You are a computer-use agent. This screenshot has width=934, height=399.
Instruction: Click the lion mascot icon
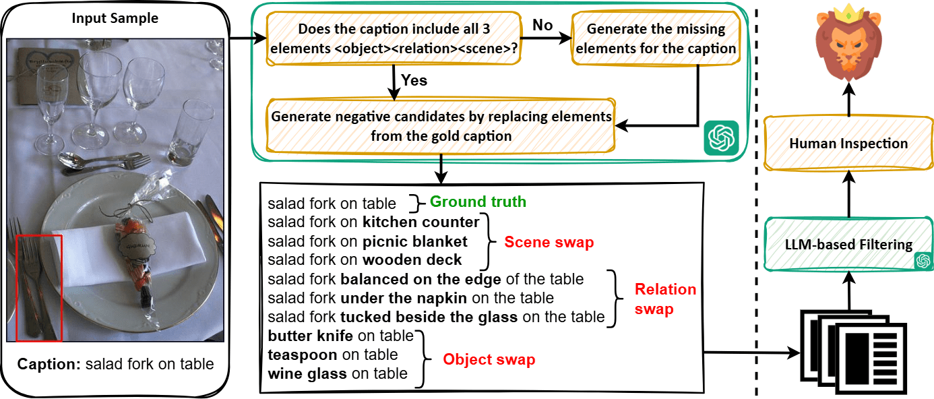(x=848, y=44)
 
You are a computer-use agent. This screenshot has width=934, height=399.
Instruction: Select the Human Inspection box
(x=848, y=143)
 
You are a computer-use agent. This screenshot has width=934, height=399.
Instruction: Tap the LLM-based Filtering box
(x=848, y=245)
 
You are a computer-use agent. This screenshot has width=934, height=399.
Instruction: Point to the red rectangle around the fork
(x=39, y=287)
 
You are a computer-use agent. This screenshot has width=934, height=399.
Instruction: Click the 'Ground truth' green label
(x=478, y=202)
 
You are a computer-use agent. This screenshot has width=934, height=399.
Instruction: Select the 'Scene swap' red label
(x=549, y=242)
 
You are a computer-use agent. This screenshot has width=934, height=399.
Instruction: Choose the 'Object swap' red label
(x=489, y=359)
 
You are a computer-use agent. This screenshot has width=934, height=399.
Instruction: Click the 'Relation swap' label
(x=665, y=299)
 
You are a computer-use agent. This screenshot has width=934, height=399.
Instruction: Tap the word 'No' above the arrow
(x=542, y=26)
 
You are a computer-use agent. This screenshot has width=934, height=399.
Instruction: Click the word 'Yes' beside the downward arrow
(x=414, y=80)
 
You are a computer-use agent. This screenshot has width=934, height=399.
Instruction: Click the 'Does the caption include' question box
(x=394, y=39)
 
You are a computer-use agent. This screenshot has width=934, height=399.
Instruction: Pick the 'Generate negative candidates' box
(x=441, y=126)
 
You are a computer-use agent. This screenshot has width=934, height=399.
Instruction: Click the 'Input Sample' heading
(x=115, y=18)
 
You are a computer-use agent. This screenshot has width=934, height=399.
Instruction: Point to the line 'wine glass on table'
(x=337, y=373)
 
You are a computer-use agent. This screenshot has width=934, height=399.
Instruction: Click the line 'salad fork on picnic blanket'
(x=367, y=241)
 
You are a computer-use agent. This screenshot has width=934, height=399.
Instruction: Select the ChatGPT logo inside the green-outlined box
(x=720, y=138)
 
